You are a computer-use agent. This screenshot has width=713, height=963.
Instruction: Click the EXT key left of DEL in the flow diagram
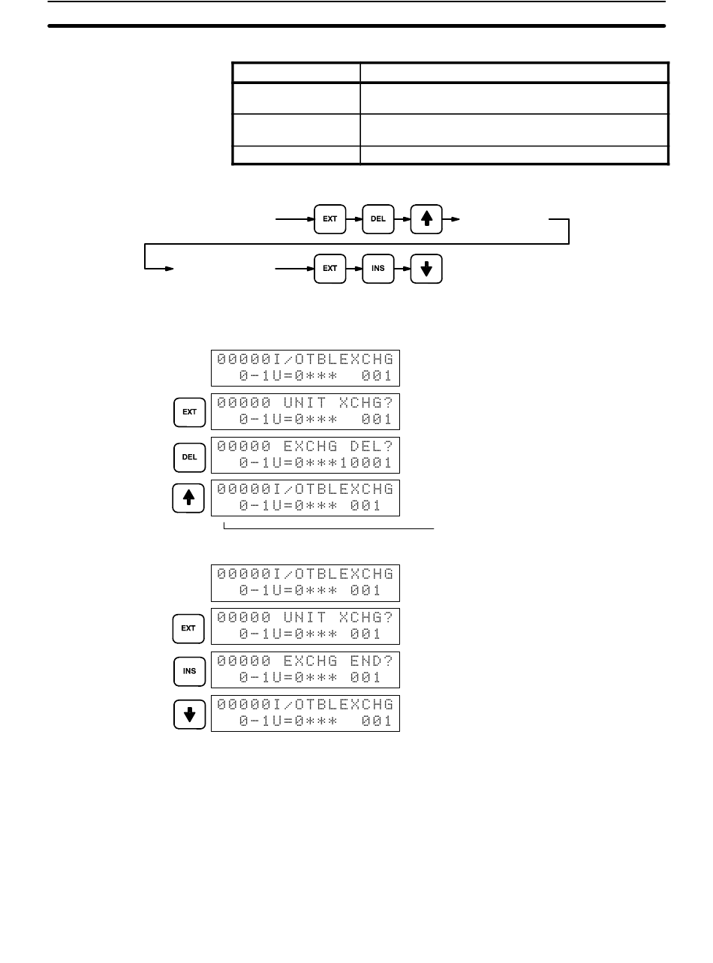329,220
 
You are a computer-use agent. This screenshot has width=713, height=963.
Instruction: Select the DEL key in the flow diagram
378,220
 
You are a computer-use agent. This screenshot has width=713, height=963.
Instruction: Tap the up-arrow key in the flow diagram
426,220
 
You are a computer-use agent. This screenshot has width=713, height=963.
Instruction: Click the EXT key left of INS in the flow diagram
329,269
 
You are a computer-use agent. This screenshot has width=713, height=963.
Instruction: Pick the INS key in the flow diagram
378,269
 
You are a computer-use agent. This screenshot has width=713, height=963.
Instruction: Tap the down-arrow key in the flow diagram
426,269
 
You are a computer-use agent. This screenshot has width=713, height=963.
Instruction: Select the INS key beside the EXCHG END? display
189,670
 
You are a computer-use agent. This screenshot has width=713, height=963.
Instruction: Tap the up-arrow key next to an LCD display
189,498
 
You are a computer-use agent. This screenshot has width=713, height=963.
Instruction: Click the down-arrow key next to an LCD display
189,714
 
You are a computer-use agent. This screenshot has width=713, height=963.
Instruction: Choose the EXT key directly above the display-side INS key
189,627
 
